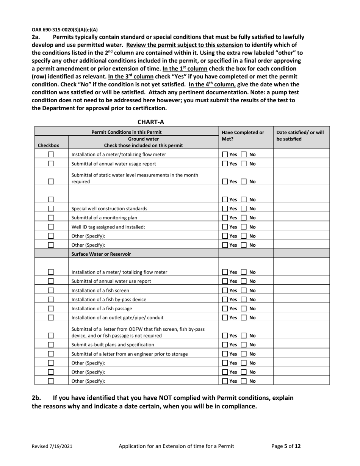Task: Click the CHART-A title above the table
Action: [151, 122]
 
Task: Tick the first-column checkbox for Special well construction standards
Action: [51, 209]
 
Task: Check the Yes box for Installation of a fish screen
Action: [225, 291]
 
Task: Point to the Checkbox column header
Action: [48, 145]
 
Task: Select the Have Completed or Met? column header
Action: [243, 136]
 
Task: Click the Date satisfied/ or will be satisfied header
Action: [300, 136]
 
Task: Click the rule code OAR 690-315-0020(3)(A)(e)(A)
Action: [64, 29]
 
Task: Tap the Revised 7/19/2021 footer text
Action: [52, 446]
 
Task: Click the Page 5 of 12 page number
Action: [286, 446]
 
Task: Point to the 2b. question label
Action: [36, 398]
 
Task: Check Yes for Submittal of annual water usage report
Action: [225, 164]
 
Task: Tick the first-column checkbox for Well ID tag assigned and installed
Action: [51, 227]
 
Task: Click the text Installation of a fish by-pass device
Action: [109, 300]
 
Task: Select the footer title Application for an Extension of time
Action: [176, 446]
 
